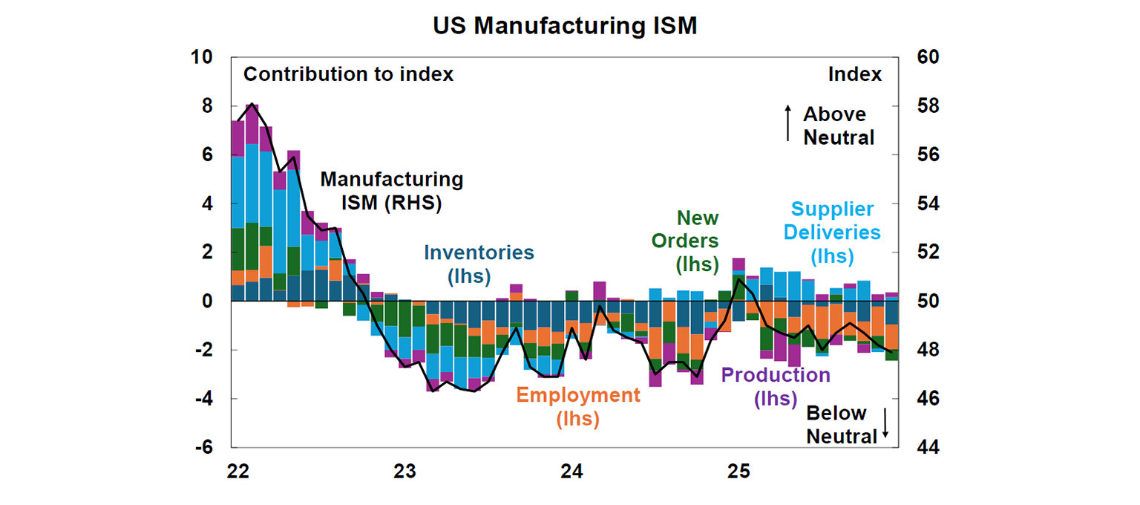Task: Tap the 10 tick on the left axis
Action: tap(202, 57)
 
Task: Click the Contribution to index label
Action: tap(348, 74)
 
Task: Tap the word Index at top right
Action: tap(855, 74)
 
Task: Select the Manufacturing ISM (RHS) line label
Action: tap(391, 191)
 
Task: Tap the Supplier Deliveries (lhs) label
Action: tap(832, 232)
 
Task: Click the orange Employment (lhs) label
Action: tap(577, 406)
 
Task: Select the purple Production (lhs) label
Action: tap(776, 386)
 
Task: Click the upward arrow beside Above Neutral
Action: tap(787, 123)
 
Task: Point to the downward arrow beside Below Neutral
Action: tap(885, 424)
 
